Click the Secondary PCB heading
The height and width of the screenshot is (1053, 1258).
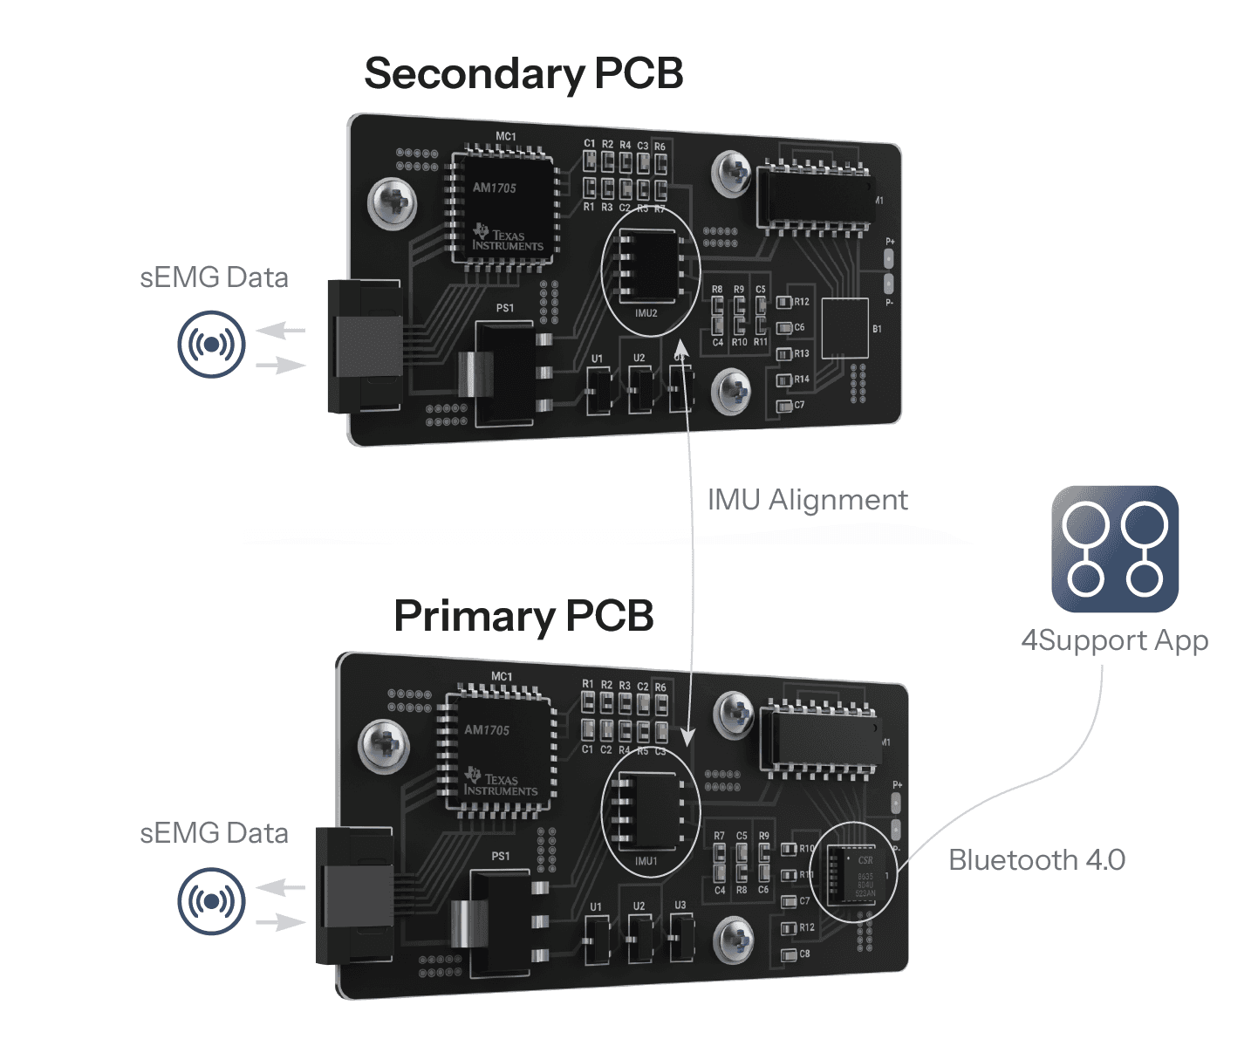(x=523, y=73)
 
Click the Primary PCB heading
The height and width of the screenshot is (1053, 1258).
(x=523, y=616)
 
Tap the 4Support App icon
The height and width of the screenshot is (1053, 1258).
(x=1115, y=549)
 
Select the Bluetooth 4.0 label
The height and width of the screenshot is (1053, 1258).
(x=1036, y=860)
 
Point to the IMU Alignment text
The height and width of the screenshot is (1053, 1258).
(x=807, y=500)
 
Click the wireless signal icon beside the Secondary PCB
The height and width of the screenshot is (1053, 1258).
(x=211, y=345)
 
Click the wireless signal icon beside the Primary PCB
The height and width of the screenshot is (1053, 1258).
(x=211, y=900)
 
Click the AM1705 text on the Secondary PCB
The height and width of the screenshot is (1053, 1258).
(x=495, y=188)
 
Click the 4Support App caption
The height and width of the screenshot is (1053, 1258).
(x=1114, y=640)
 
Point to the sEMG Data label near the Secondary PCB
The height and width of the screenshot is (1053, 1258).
(x=214, y=277)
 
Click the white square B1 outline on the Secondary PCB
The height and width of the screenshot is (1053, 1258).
(x=845, y=328)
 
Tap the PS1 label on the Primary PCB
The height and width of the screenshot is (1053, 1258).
(x=501, y=856)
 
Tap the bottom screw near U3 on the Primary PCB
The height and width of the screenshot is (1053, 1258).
(x=733, y=940)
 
